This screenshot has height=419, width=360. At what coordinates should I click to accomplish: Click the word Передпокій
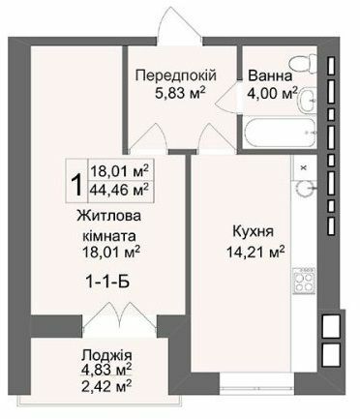coord(174,75)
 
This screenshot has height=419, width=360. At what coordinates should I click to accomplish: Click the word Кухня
coord(252,232)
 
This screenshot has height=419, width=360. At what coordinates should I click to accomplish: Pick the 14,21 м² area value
coord(252,254)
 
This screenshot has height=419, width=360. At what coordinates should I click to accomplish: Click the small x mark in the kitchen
coord(304,167)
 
